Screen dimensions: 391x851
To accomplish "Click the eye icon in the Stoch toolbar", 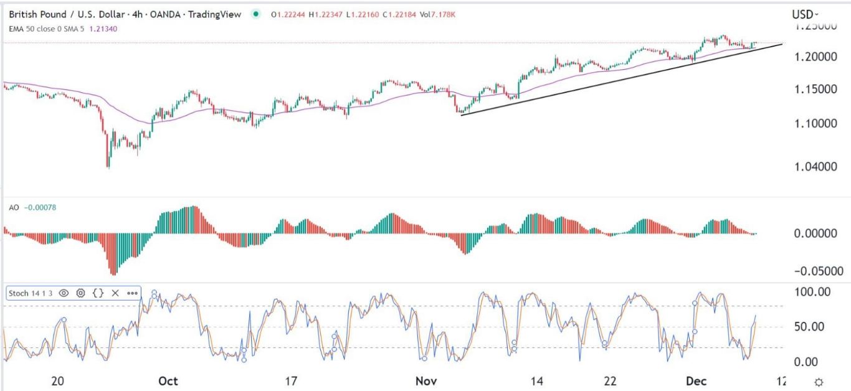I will click(x=64, y=293).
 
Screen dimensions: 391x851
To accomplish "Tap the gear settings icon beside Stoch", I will click(x=81, y=293).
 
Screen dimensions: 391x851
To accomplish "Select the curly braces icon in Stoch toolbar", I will click(x=98, y=293).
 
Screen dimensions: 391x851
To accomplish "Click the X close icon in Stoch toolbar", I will click(x=115, y=293).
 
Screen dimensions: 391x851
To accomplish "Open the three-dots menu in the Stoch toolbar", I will click(x=133, y=293).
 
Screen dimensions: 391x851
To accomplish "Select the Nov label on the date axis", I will click(x=423, y=382).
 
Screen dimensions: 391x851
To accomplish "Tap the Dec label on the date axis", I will click(x=698, y=382).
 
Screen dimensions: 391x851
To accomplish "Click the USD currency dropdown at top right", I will click(x=805, y=14).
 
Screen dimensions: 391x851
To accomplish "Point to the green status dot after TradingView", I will click(x=255, y=14).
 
